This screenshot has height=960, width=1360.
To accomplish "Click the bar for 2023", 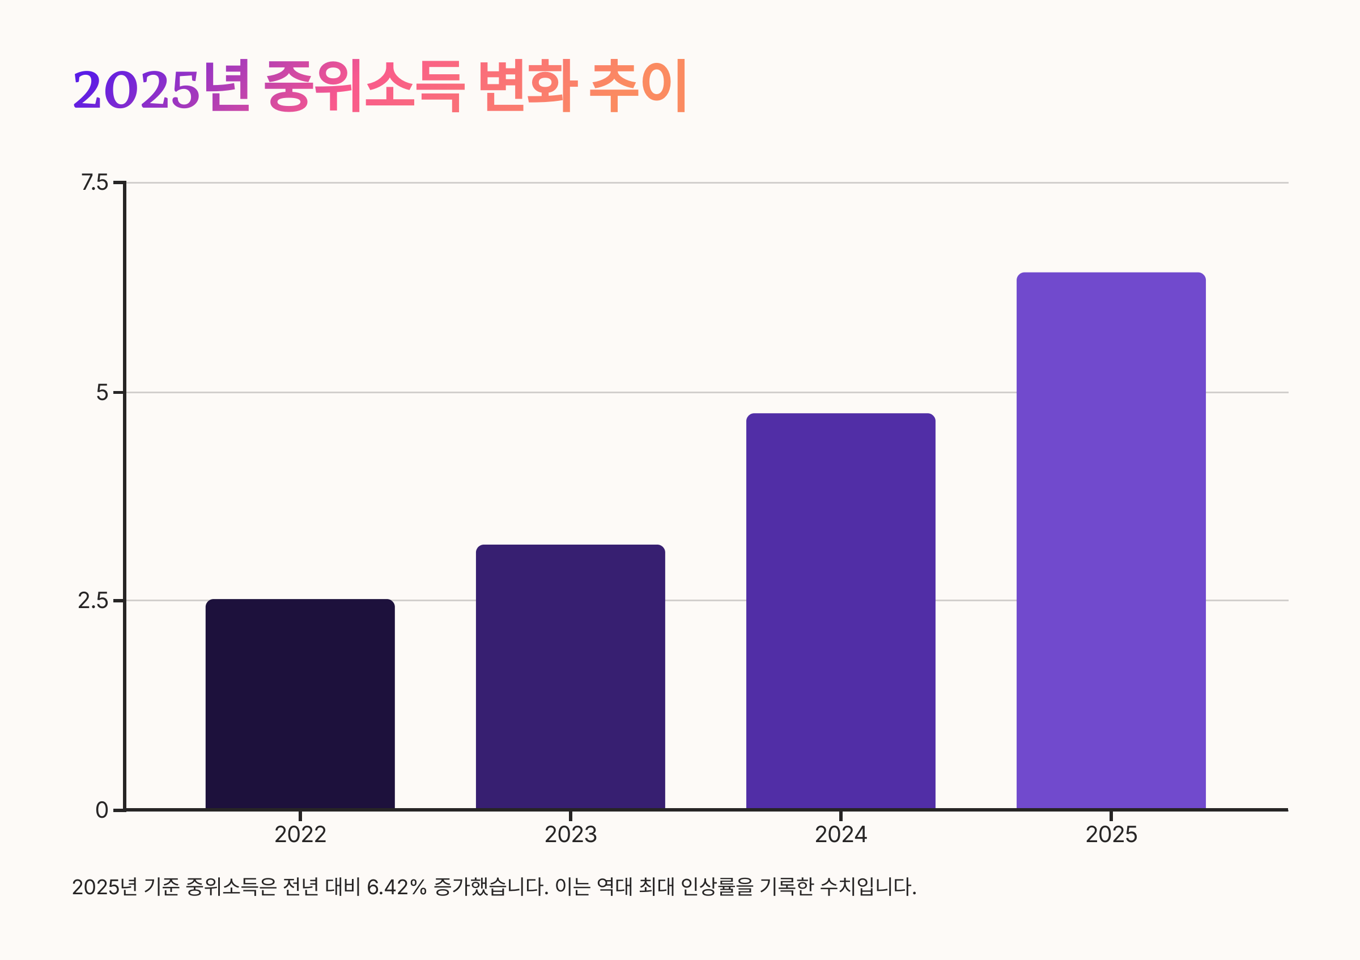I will pyautogui.click(x=570, y=676).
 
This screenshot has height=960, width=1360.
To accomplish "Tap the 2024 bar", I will pyautogui.click(x=840, y=610).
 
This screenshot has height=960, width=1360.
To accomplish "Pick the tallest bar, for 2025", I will pyautogui.click(x=1111, y=540).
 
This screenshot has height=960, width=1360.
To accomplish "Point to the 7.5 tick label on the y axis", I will pyautogui.click(x=95, y=182).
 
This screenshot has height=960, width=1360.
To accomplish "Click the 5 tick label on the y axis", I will pyautogui.click(x=103, y=392).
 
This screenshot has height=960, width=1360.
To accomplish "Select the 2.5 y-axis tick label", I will pyautogui.click(x=93, y=601).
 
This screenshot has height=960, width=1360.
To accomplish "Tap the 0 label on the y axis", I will pyautogui.click(x=102, y=810).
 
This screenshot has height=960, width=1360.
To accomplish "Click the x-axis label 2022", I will pyautogui.click(x=300, y=834).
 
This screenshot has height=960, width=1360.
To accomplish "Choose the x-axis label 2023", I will pyautogui.click(x=570, y=834).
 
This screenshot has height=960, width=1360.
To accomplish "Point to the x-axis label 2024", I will pyautogui.click(x=840, y=834).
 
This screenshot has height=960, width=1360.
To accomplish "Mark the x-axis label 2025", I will pyautogui.click(x=1111, y=834).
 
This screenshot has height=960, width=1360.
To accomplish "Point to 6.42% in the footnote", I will pyautogui.click(x=396, y=886).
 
